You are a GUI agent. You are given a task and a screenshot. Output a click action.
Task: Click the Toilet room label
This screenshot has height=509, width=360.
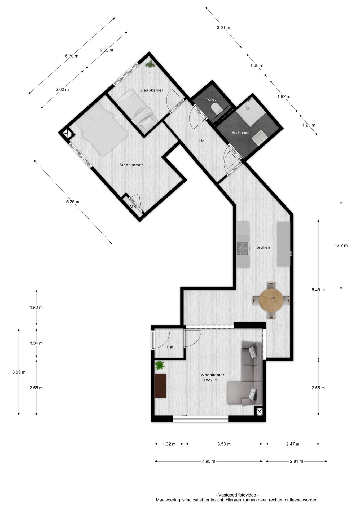pos(211,99)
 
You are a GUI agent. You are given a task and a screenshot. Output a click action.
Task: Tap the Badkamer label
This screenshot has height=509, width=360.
pos(240,133)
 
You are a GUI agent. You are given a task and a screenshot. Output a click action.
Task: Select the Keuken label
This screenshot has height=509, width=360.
pos(262,247)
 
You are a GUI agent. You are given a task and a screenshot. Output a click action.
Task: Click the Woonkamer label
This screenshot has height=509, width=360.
pos(212,375)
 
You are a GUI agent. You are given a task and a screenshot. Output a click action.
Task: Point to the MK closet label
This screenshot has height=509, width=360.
pos(133,207)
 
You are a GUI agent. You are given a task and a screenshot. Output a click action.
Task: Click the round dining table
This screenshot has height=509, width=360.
pos(271,300)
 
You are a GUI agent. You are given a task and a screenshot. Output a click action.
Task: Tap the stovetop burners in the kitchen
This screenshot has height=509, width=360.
pos(243,248)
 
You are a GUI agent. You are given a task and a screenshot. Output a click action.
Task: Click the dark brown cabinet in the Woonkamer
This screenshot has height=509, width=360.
pos(160,386)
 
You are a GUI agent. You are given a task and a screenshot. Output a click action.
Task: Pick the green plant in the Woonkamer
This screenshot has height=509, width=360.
pos(159,365)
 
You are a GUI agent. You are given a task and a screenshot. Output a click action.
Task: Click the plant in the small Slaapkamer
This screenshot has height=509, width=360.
pos(150,64)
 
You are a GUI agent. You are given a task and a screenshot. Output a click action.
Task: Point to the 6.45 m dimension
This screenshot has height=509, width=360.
pos(318,290)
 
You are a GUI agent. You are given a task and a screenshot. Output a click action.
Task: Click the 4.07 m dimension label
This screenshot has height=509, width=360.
pos(341,245)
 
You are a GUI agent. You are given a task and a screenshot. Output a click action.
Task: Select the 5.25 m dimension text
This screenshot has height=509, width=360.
pos(73,202)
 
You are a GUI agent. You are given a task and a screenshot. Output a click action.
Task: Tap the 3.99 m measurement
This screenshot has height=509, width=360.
pos(19,372)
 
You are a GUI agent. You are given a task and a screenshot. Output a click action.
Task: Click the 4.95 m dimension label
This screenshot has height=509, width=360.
pos(209,461)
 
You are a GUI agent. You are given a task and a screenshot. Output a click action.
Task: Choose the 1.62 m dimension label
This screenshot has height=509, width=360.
pos(36,308)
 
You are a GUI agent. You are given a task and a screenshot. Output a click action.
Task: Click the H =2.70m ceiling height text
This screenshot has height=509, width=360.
pos(210,380)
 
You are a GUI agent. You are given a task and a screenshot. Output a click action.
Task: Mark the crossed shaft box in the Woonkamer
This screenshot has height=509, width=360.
pos(259,411)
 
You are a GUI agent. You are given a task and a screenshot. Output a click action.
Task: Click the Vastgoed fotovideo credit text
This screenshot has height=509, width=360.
pos(237,495)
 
